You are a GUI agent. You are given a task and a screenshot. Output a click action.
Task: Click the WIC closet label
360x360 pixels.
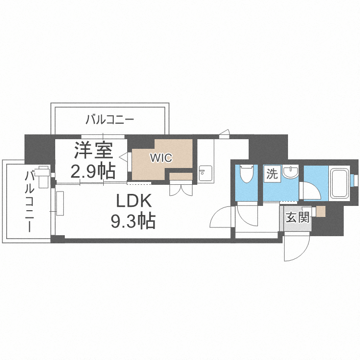click(x=161, y=157)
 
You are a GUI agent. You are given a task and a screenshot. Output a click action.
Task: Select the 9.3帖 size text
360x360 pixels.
click(x=132, y=221)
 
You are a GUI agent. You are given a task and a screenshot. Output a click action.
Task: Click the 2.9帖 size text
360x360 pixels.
click(x=93, y=170)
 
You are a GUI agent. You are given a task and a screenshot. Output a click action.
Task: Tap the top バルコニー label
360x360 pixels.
click(x=110, y=120)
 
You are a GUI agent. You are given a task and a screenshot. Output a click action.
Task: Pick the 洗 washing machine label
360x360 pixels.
click(x=272, y=174)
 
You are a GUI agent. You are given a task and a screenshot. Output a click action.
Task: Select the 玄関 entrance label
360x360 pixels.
click(x=297, y=217)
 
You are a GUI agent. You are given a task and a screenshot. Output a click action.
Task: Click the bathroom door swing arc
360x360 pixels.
click(x=310, y=191)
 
